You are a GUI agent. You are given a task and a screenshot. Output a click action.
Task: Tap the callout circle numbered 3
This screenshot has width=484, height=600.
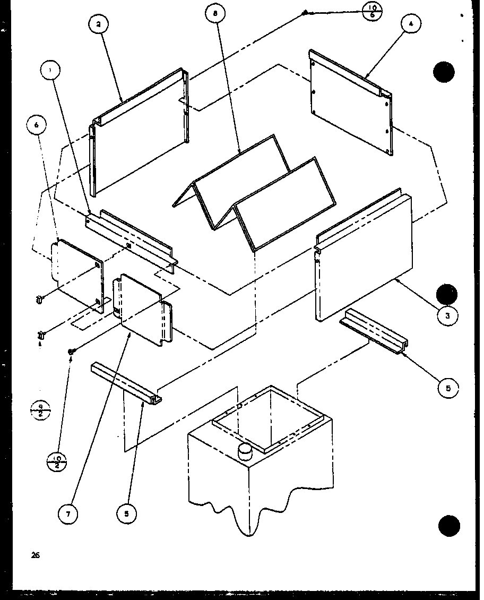tap(448, 315)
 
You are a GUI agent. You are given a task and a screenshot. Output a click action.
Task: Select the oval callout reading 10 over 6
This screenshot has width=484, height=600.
tap(371, 12)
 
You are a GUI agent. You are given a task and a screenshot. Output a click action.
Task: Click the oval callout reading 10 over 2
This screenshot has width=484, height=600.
tap(58, 460)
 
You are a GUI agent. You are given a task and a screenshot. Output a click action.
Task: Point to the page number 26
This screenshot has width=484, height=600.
tap(35, 555)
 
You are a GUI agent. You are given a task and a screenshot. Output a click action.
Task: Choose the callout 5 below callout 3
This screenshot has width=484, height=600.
tap(448, 389)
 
